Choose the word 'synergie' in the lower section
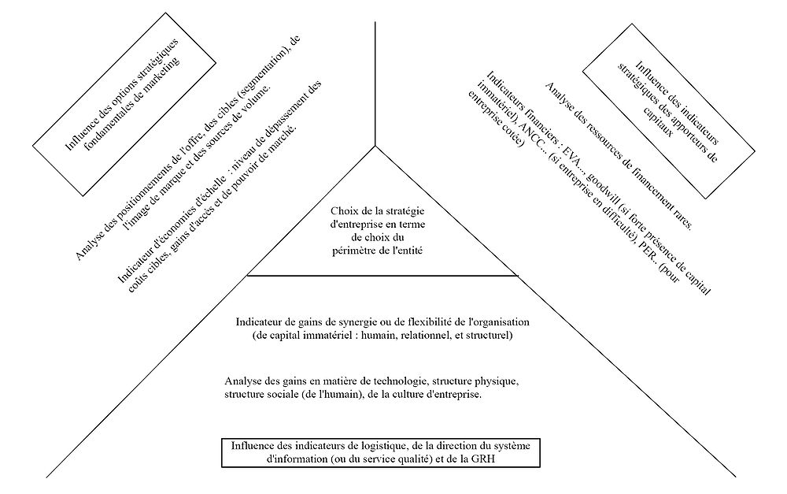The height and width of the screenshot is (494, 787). coord(355,323)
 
